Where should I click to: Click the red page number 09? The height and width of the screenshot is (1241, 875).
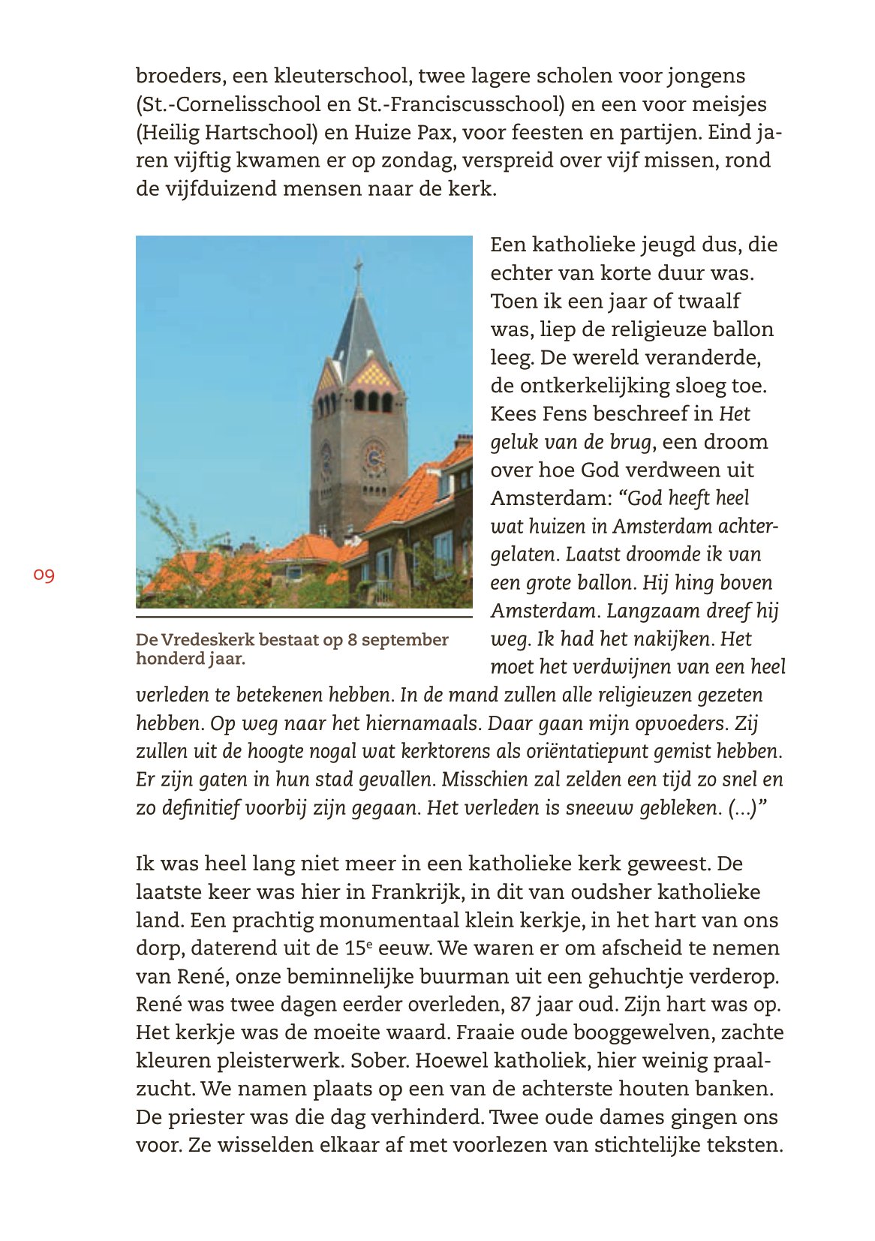[44, 575]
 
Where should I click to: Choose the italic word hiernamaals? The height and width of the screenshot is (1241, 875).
[422, 724]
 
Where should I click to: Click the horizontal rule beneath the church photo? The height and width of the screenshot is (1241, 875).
[304, 617]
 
